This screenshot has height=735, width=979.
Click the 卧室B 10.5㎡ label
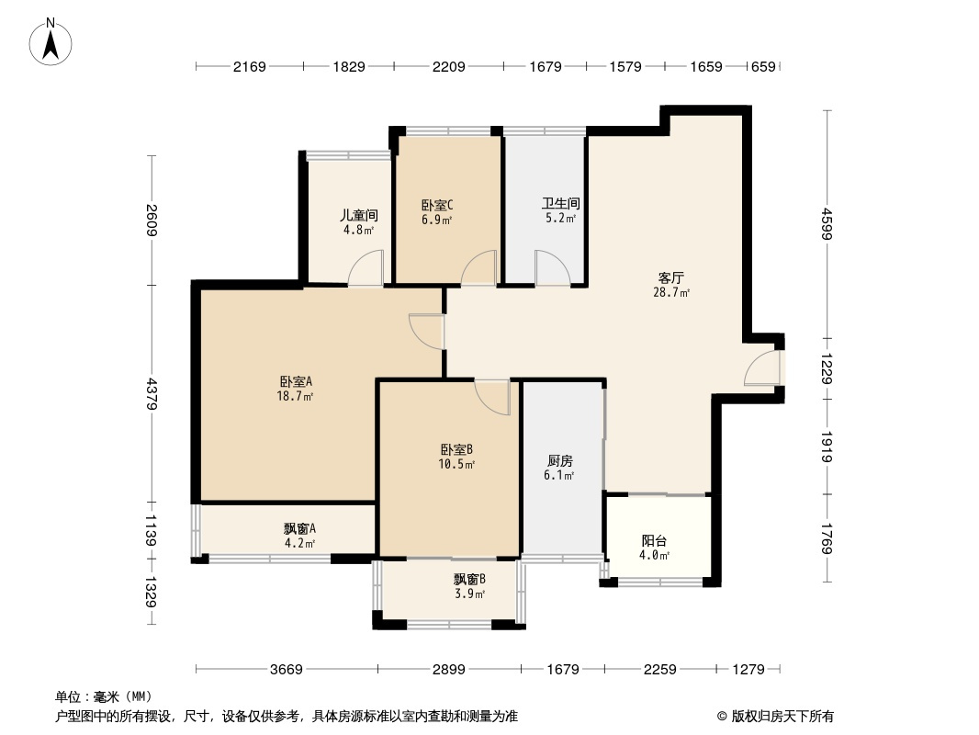(x=456, y=457)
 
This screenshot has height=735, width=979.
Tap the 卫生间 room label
(x=559, y=210)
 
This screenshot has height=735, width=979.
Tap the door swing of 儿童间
(x=365, y=270)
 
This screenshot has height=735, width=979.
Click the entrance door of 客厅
(x=762, y=367)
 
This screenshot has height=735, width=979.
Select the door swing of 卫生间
(x=553, y=269)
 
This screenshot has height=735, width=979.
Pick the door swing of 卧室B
(x=492, y=396)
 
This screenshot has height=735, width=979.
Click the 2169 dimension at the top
(x=249, y=66)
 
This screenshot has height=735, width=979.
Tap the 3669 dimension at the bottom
(x=287, y=670)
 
